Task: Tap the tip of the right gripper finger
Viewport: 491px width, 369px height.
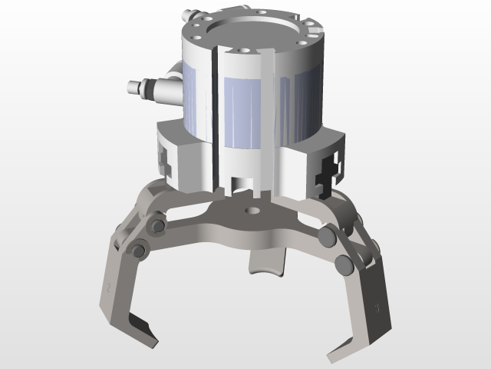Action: pyautogui.click(x=337, y=354)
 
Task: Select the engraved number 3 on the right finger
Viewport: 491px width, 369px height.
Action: pyautogui.click(x=376, y=307)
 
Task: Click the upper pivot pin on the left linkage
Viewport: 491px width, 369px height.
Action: pyautogui.click(x=158, y=227)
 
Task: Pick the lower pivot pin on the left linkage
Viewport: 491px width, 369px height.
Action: pyautogui.click(x=139, y=250)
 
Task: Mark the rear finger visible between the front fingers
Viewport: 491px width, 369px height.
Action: pyautogui.click(x=266, y=265)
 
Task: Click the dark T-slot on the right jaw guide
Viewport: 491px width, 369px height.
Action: pyautogui.click(x=330, y=171)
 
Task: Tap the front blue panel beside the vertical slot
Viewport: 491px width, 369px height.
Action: pyautogui.click(x=245, y=111)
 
